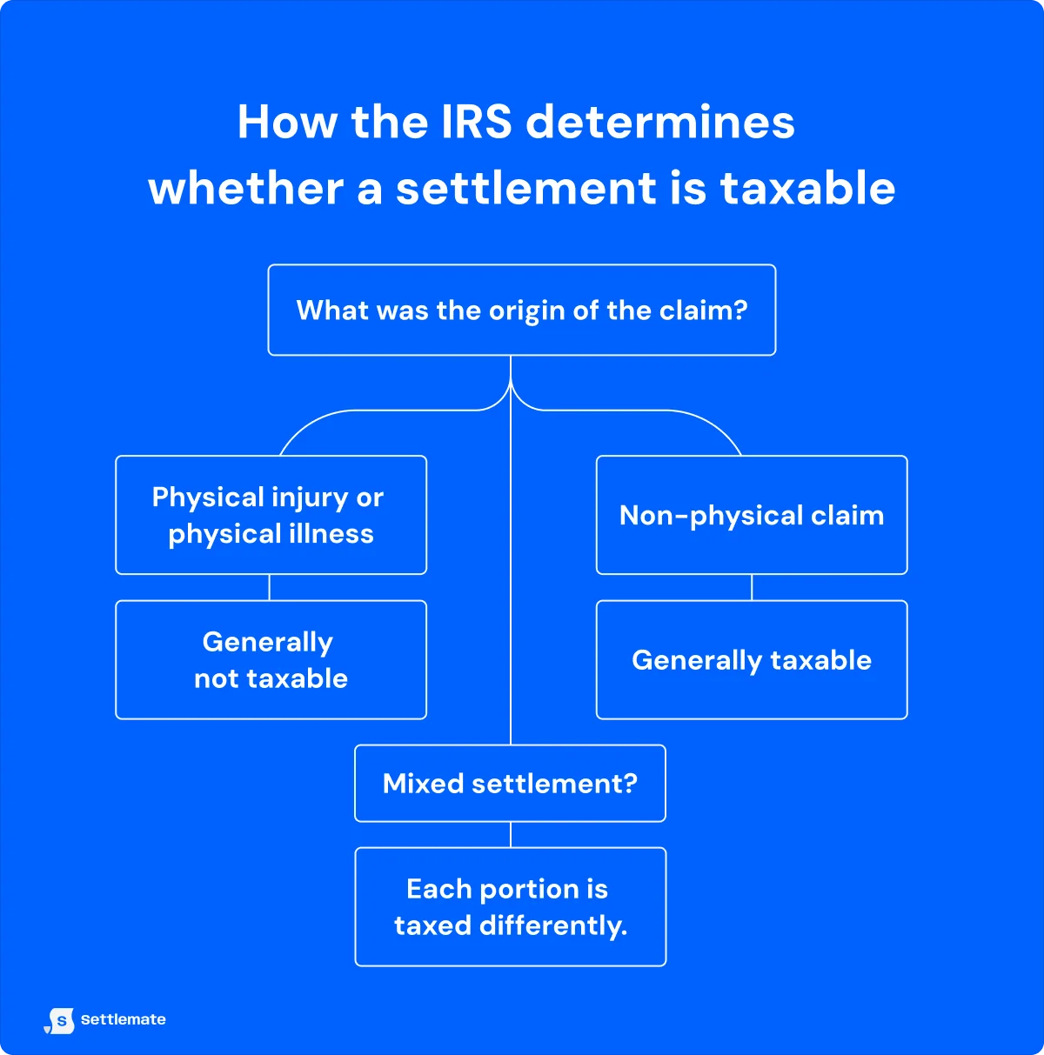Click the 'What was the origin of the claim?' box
pyautogui.click(x=521, y=310)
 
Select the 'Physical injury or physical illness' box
pyautogui.click(x=271, y=515)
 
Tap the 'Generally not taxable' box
pyautogui.click(x=271, y=659)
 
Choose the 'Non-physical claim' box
pyautogui.click(x=752, y=515)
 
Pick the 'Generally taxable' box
pyautogui.click(x=752, y=659)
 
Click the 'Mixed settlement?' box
pyautogui.click(x=510, y=783)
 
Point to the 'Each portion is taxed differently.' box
pyautogui.click(x=510, y=906)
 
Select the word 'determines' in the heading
pyautogui.click(x=661, y=122)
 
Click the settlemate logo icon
pyautogui.click(x=60, y=1020)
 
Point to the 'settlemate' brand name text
pyautogui.click(x=123, y=1019)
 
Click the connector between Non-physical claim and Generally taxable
pyautogui.click(x=752, y=587)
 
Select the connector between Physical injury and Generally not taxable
pyautogui.click(x=270, y=587)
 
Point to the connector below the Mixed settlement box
pyautogui.click(x=511, y=834)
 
